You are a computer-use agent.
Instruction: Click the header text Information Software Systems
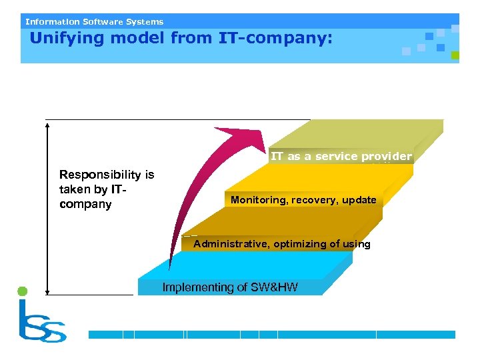(94, 21)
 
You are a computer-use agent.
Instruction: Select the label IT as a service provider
(341, 157)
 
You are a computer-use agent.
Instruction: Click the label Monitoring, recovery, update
(303, 200)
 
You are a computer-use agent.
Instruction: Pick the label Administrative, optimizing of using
(281, 244)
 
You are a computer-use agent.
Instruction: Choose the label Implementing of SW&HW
(230, 287)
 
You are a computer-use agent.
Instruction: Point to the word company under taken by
(85, 204)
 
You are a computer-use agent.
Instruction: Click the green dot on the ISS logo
(22, 291)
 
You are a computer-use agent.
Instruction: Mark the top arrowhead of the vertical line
(48, 123)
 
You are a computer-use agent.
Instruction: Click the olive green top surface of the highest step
(360, 133)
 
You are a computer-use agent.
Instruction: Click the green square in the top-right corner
(455, 56)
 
